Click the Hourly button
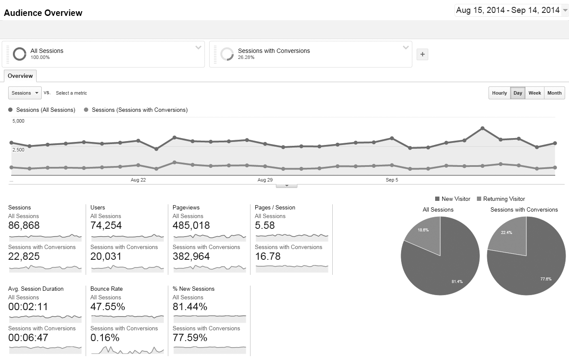pos(499,93)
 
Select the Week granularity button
pos(535,93)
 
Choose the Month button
pos(554,93)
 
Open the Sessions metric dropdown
pos(25,93)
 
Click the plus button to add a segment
pos(422,54)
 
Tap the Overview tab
pos(20,76)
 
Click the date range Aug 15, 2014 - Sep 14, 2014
pos(508,10)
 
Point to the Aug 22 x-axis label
pos(138,180)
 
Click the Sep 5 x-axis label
pos(392,180)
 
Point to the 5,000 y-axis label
pos(19,121)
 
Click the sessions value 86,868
pos(24,225)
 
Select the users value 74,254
pos(106,225)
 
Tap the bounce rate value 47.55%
pos(108,307)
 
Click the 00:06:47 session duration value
pos(28,338)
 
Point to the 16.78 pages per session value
pos(268,256)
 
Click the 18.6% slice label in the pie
pos(423,230)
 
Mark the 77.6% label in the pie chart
pos(546,279)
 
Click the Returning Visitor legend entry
pos(504,199)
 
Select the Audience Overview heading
pos(43,13)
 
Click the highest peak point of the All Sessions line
pos(482,128)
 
